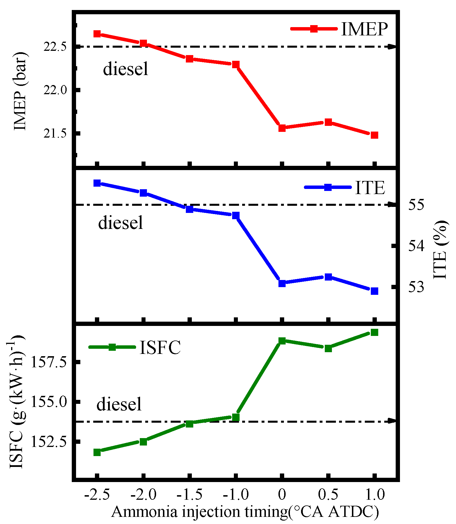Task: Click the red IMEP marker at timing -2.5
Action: pyautogui.click(x=97, y=34)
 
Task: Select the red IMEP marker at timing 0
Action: pyautogui.click(x=282, y=128)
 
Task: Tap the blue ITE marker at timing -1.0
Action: pyautogui.click(x=236, y=215)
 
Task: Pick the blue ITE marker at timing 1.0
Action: pyautogui.click(x=375, y=291)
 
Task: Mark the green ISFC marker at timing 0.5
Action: pyautogui.click(x=328, y=348)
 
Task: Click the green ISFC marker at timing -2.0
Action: pyautogui.click(x=144, y=442)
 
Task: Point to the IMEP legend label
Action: pyautogui.click(x=365, y=29)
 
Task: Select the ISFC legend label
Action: pyautogui.click(x=160, y=347)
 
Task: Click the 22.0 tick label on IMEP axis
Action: pyautogui.click(x=55, y=90)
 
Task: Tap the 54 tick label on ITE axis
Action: pyautogui.click(x=416, y=246)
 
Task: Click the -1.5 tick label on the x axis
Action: pyautogui.click(x=190, y=495)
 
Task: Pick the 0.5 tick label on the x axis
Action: pyautogui.click(x=328, y=495)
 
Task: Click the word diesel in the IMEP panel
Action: pyautogui.click(x=126, y=69)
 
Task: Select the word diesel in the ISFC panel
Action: pyautogui.click(x=119, y=404)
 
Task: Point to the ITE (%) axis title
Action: pyautogui.click(x=441, y=250)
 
